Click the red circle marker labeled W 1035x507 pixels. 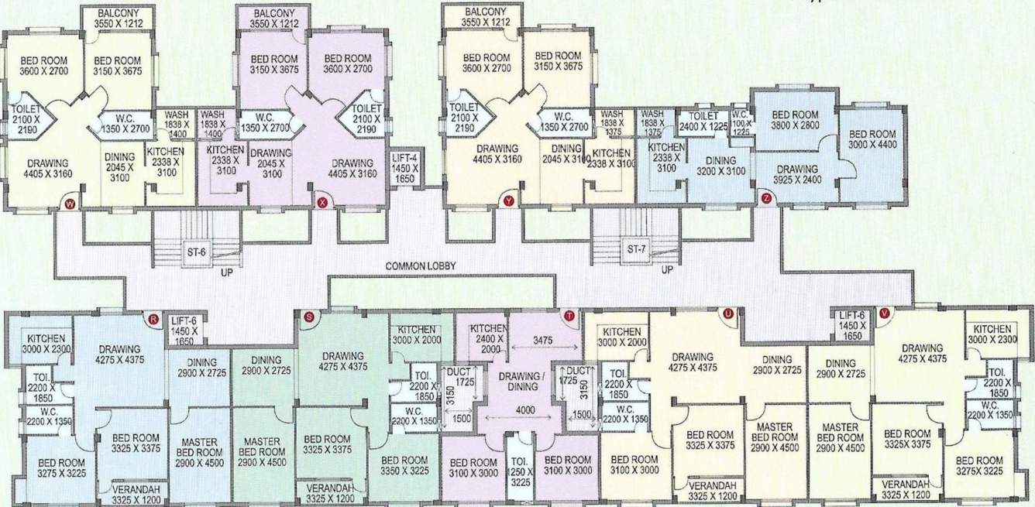point(70,204)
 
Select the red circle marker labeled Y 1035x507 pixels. point(509,201)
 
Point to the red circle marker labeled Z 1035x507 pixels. point(766,198)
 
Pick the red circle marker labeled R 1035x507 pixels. point(153,317)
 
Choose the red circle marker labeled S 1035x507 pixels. point(309,316)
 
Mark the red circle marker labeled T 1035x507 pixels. point(570,315)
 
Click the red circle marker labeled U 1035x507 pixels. point(727,313)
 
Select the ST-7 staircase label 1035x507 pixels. point(637,249)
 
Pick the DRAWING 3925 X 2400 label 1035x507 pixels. point(797,175)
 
